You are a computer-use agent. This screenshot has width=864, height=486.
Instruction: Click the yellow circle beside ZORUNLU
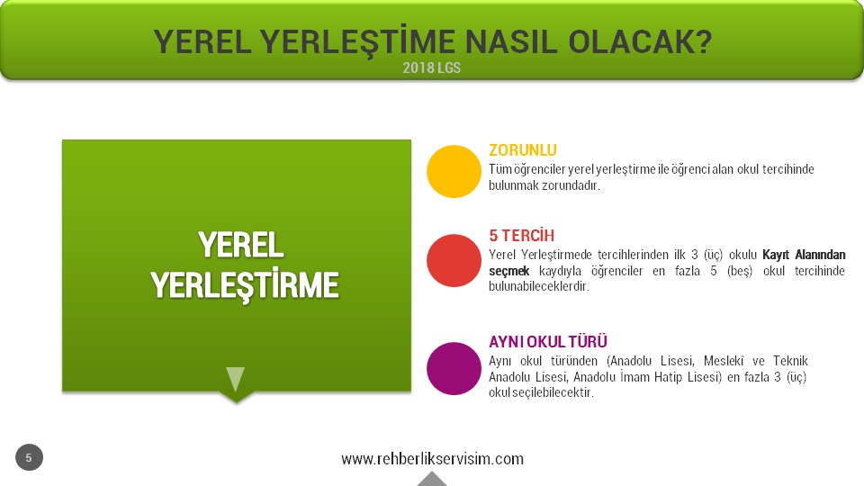pos(454,171)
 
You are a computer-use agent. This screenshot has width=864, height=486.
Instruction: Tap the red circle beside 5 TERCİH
pos(454,261)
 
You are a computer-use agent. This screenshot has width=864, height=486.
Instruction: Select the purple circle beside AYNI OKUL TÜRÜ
pos(454,369)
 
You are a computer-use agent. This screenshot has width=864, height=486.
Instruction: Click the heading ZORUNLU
pos(522,150)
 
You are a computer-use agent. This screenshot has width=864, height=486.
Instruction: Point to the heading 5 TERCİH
pos(521,235)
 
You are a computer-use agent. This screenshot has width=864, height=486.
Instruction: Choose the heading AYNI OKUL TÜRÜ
pos(548,342)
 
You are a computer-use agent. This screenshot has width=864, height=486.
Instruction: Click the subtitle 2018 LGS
pos(431,67)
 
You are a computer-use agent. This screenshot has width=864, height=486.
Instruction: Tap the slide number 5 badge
pos(29,457)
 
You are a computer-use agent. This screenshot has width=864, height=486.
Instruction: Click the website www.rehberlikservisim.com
pos(432,458)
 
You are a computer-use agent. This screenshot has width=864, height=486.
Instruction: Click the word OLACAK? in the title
pos(640,42)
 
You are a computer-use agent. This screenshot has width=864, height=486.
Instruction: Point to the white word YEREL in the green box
pos(241,245)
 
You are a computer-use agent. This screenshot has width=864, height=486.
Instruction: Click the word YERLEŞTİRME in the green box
pos(245,285)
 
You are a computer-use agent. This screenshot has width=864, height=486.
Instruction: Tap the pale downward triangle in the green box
pos(235,379)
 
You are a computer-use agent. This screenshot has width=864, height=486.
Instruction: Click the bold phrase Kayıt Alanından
pos(804,255)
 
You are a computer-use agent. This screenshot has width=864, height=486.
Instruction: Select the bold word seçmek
pos(509,271)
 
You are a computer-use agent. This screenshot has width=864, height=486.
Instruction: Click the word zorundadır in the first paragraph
pos(571,185)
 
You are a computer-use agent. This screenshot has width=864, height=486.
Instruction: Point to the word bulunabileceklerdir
pos(539,286)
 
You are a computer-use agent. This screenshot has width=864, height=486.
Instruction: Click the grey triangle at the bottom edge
pos(432,480)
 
